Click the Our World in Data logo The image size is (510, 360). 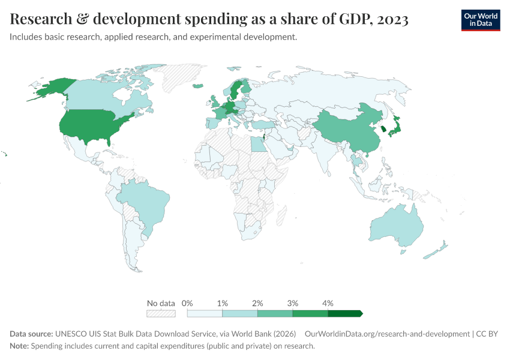point(480,20)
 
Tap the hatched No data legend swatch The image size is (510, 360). point(161,313)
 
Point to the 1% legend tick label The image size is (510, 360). point(223,303)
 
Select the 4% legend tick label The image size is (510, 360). point(328,303)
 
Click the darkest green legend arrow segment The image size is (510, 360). point(345,313)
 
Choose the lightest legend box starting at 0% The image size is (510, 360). point(205,313)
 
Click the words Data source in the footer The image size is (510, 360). point(31,334)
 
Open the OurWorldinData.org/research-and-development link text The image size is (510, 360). point(387,334)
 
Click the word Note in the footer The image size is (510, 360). point(19,346)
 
